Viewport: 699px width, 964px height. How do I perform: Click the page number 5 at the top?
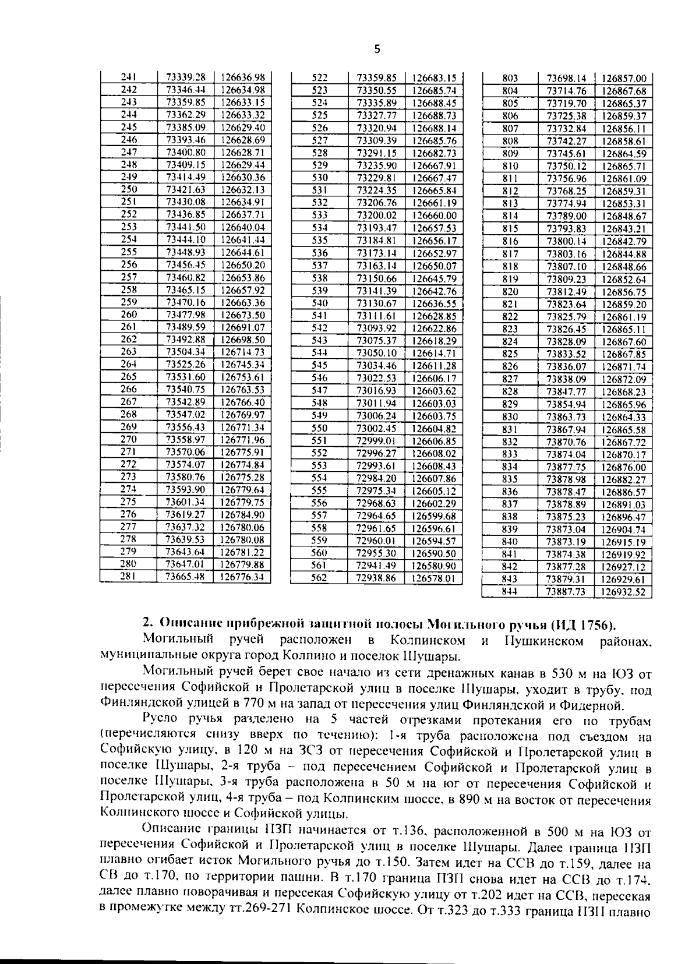377,49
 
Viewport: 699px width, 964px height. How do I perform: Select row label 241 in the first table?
129,77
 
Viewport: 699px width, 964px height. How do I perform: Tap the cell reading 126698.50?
243,340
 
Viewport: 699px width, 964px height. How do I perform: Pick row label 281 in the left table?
129,576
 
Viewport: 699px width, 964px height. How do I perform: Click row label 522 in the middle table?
320,77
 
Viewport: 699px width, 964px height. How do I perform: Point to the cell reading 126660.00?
434,216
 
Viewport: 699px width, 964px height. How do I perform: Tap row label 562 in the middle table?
320,578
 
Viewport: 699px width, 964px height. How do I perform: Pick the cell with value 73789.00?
566,216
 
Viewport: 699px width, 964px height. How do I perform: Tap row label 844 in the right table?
510,591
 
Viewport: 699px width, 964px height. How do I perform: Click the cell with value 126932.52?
624,592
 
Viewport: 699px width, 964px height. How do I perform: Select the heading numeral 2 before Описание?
147,625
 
